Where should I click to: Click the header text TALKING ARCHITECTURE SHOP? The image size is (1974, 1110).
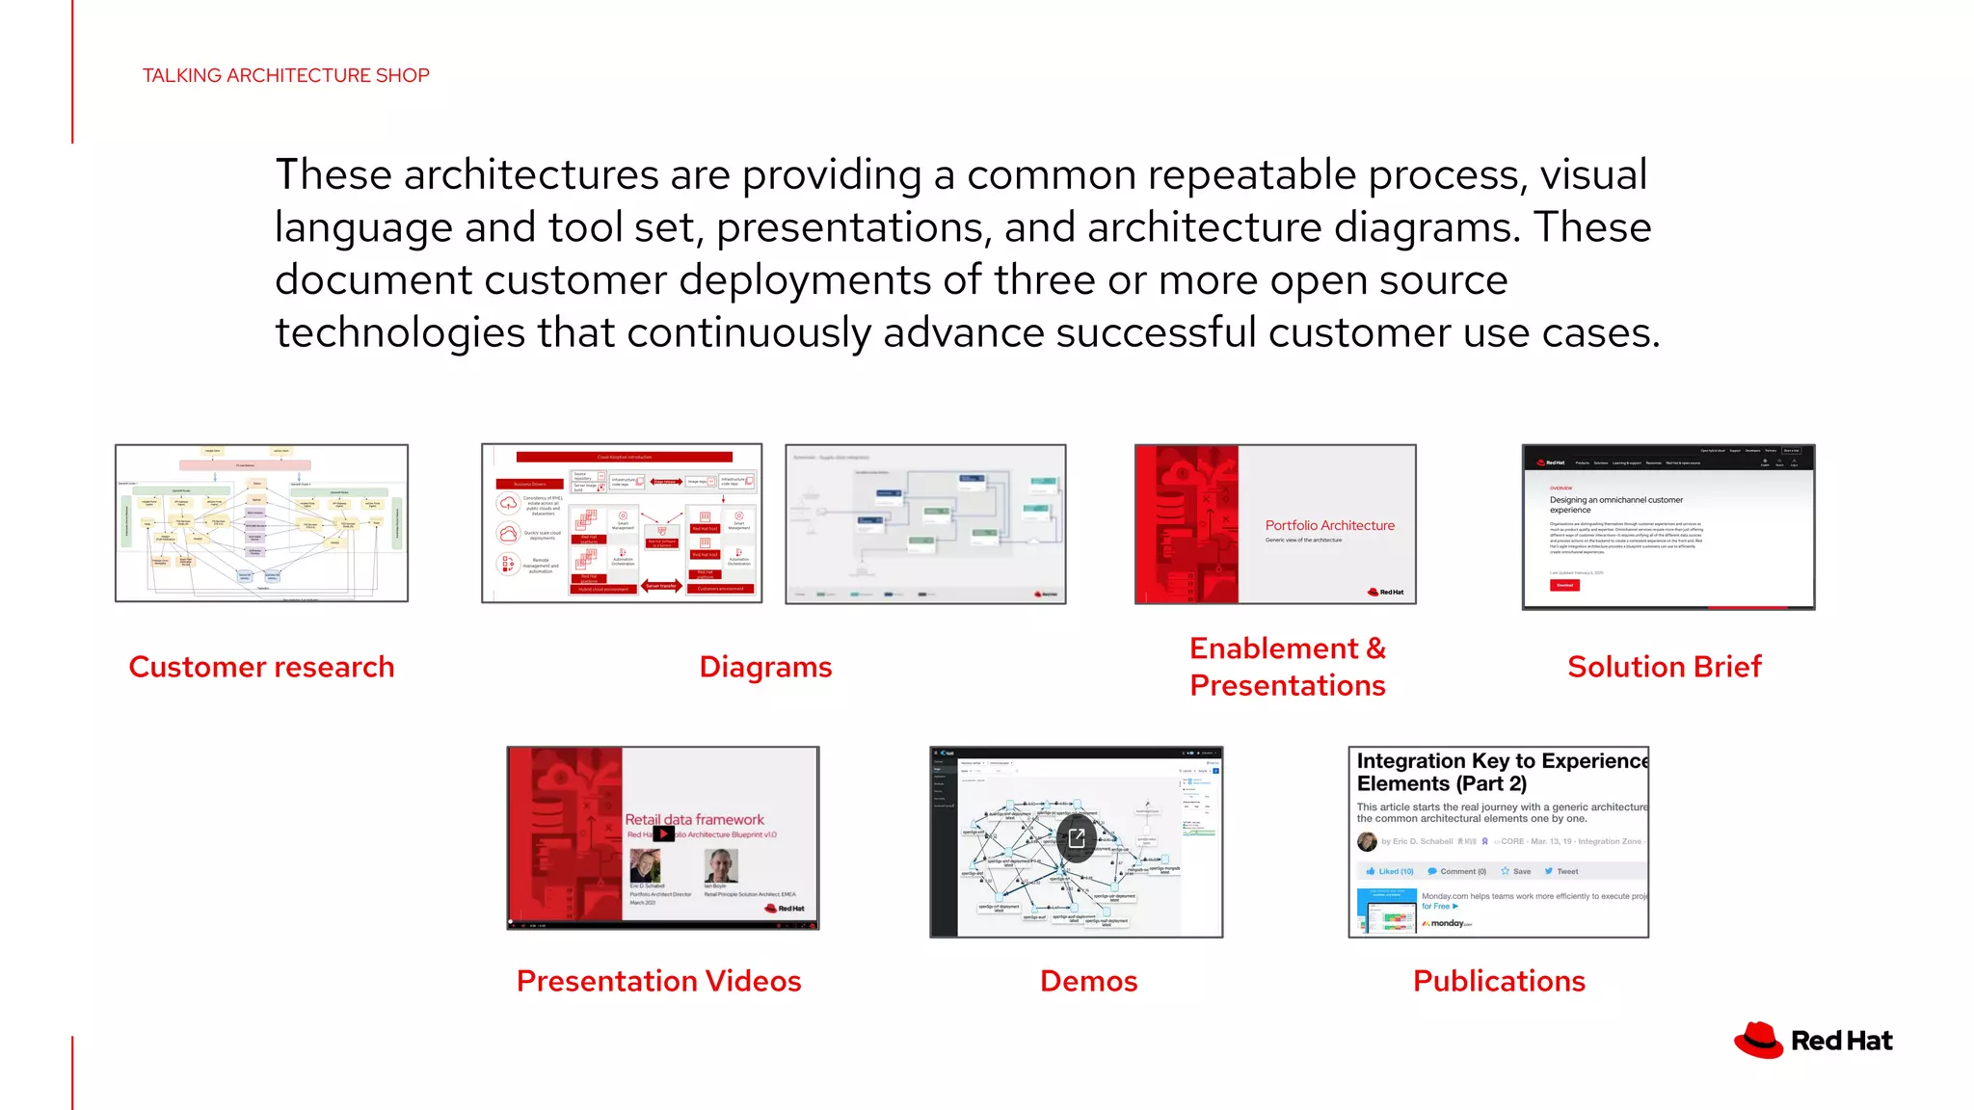tap(286, 75)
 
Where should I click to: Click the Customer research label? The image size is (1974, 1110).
tap(261, 667)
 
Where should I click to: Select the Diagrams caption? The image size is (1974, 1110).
tap(765, 667)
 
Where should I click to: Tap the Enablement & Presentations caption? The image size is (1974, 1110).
tap(1287, 667)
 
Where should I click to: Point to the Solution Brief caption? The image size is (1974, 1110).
tap(1664, 667)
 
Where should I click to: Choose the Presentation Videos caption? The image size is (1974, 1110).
tap(658, 981)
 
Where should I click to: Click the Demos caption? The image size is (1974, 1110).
tap(1088, 981)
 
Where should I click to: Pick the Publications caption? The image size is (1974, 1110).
tap(1499, 981)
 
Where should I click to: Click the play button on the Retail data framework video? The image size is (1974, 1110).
tap(663, 833)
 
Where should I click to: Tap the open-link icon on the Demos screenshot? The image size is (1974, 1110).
tap(1077, 838)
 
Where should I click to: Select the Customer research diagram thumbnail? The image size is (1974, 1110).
tap(261, 523)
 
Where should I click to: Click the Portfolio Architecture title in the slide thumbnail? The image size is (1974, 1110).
tap(1329, 525)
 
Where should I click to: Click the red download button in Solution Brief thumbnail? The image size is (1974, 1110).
tap(1564, 585)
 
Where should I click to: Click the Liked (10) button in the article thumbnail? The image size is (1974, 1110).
tap(1390, 871)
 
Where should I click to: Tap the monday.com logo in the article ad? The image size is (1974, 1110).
tap(1448, 923)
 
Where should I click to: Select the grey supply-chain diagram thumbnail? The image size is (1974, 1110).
tap(925, 523)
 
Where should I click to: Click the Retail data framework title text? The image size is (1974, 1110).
tap(694, 819)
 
